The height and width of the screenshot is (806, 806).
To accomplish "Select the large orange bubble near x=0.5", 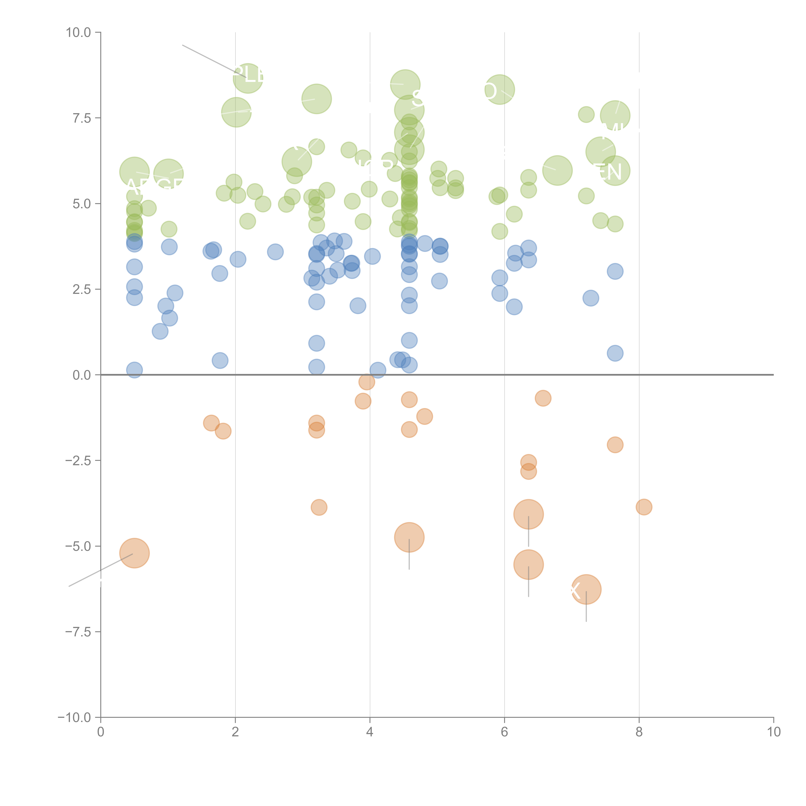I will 134,553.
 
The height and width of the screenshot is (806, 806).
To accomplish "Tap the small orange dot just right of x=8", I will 644,507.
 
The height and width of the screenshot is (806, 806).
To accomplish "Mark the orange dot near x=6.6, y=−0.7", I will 543,398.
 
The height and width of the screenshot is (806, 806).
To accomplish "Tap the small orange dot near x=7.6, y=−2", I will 615,445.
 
